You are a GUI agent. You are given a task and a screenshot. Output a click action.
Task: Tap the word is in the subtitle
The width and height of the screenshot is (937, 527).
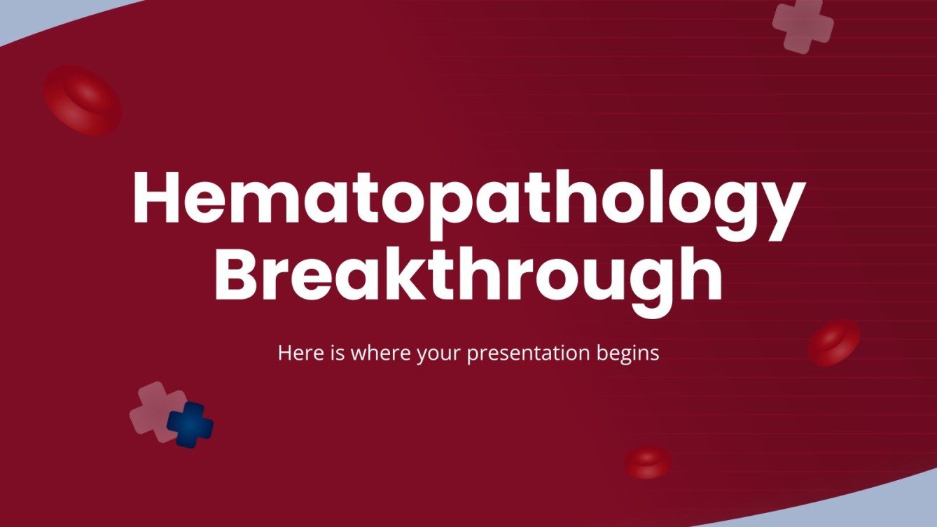tap(337, 353)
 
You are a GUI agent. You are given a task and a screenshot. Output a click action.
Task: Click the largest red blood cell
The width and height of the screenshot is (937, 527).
tap(83, 100)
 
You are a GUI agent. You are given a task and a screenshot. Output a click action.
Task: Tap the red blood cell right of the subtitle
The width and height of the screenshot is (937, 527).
tap(834, 342)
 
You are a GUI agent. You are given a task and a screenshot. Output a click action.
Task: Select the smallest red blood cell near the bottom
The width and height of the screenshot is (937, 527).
tap(647, 462)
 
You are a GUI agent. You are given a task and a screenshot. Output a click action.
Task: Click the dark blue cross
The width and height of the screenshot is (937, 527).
tap(190, 424)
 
